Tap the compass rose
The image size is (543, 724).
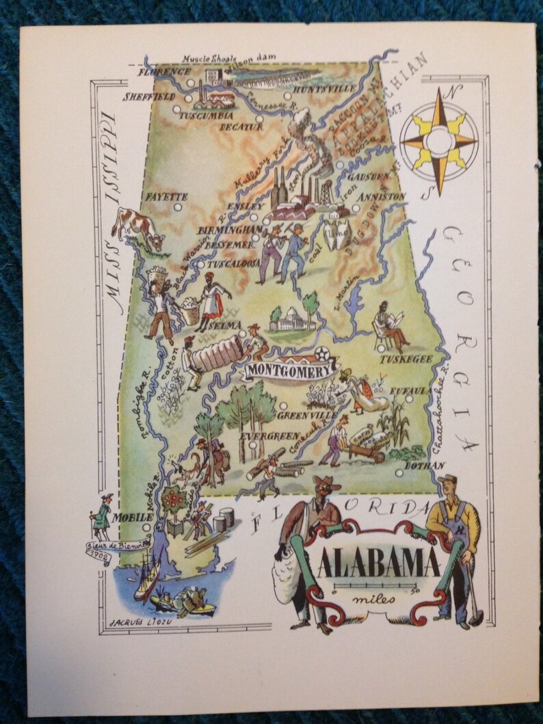[438, 141]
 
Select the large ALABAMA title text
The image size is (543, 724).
[378, 565]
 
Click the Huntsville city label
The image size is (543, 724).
[323, 89]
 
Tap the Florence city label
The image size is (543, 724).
[164, 71]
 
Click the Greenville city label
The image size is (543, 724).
[310, 415]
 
